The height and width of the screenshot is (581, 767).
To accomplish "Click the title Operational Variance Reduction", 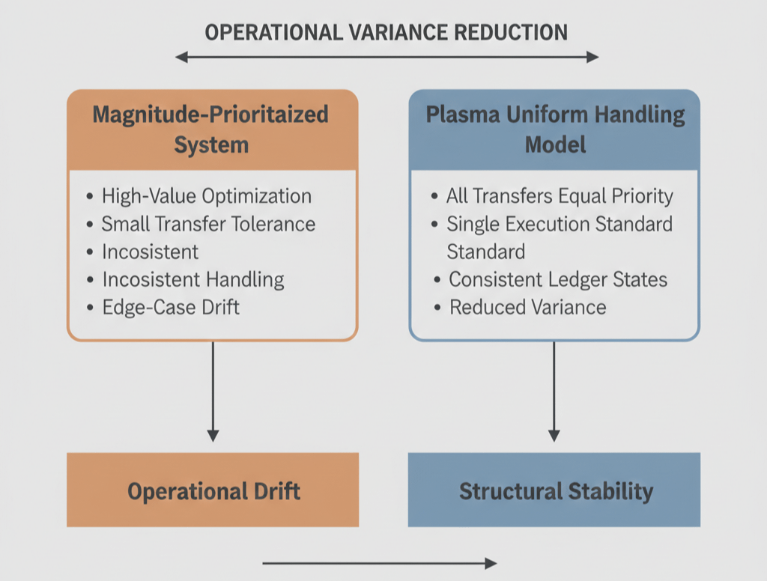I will pyautogui.click(x=386, y=32).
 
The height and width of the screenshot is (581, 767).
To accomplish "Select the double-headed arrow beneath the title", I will pyautogui.click(x=386, y=57).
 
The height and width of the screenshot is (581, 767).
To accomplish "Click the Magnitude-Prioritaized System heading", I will pyautogui.click(x=210, y=129).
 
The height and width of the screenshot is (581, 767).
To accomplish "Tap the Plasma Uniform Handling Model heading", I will pyautogui.click(x=554, y=129).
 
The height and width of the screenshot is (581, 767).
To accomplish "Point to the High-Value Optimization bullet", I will pyautogui.click(x=206, y=196).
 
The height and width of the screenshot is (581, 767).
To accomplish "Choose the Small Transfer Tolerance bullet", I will pyautogui.click(x=208, y=223).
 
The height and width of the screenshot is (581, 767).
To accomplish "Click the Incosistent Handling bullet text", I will pyautogui.click(x=193, y=280).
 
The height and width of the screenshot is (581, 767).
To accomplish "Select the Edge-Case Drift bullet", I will pyautogui.click(x=170, y=307).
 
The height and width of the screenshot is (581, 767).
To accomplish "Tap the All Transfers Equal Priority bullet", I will pyautogui.click(x=559, y=196).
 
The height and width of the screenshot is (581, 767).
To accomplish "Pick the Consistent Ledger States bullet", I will pyautogui.click(x=557, y=279).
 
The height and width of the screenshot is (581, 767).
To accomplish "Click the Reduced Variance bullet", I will pyautogui.click(x=527, y=307).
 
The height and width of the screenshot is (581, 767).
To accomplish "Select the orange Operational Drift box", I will pyautogui.click(x=213, y=490).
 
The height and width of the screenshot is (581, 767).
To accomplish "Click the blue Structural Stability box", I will pyautogui.click(x=554, y=490).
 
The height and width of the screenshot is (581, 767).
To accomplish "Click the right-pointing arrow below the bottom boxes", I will pyautogui.click(x=380, y=563).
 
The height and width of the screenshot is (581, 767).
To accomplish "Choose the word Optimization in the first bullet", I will pyautogui.click(x=255, y=196).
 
